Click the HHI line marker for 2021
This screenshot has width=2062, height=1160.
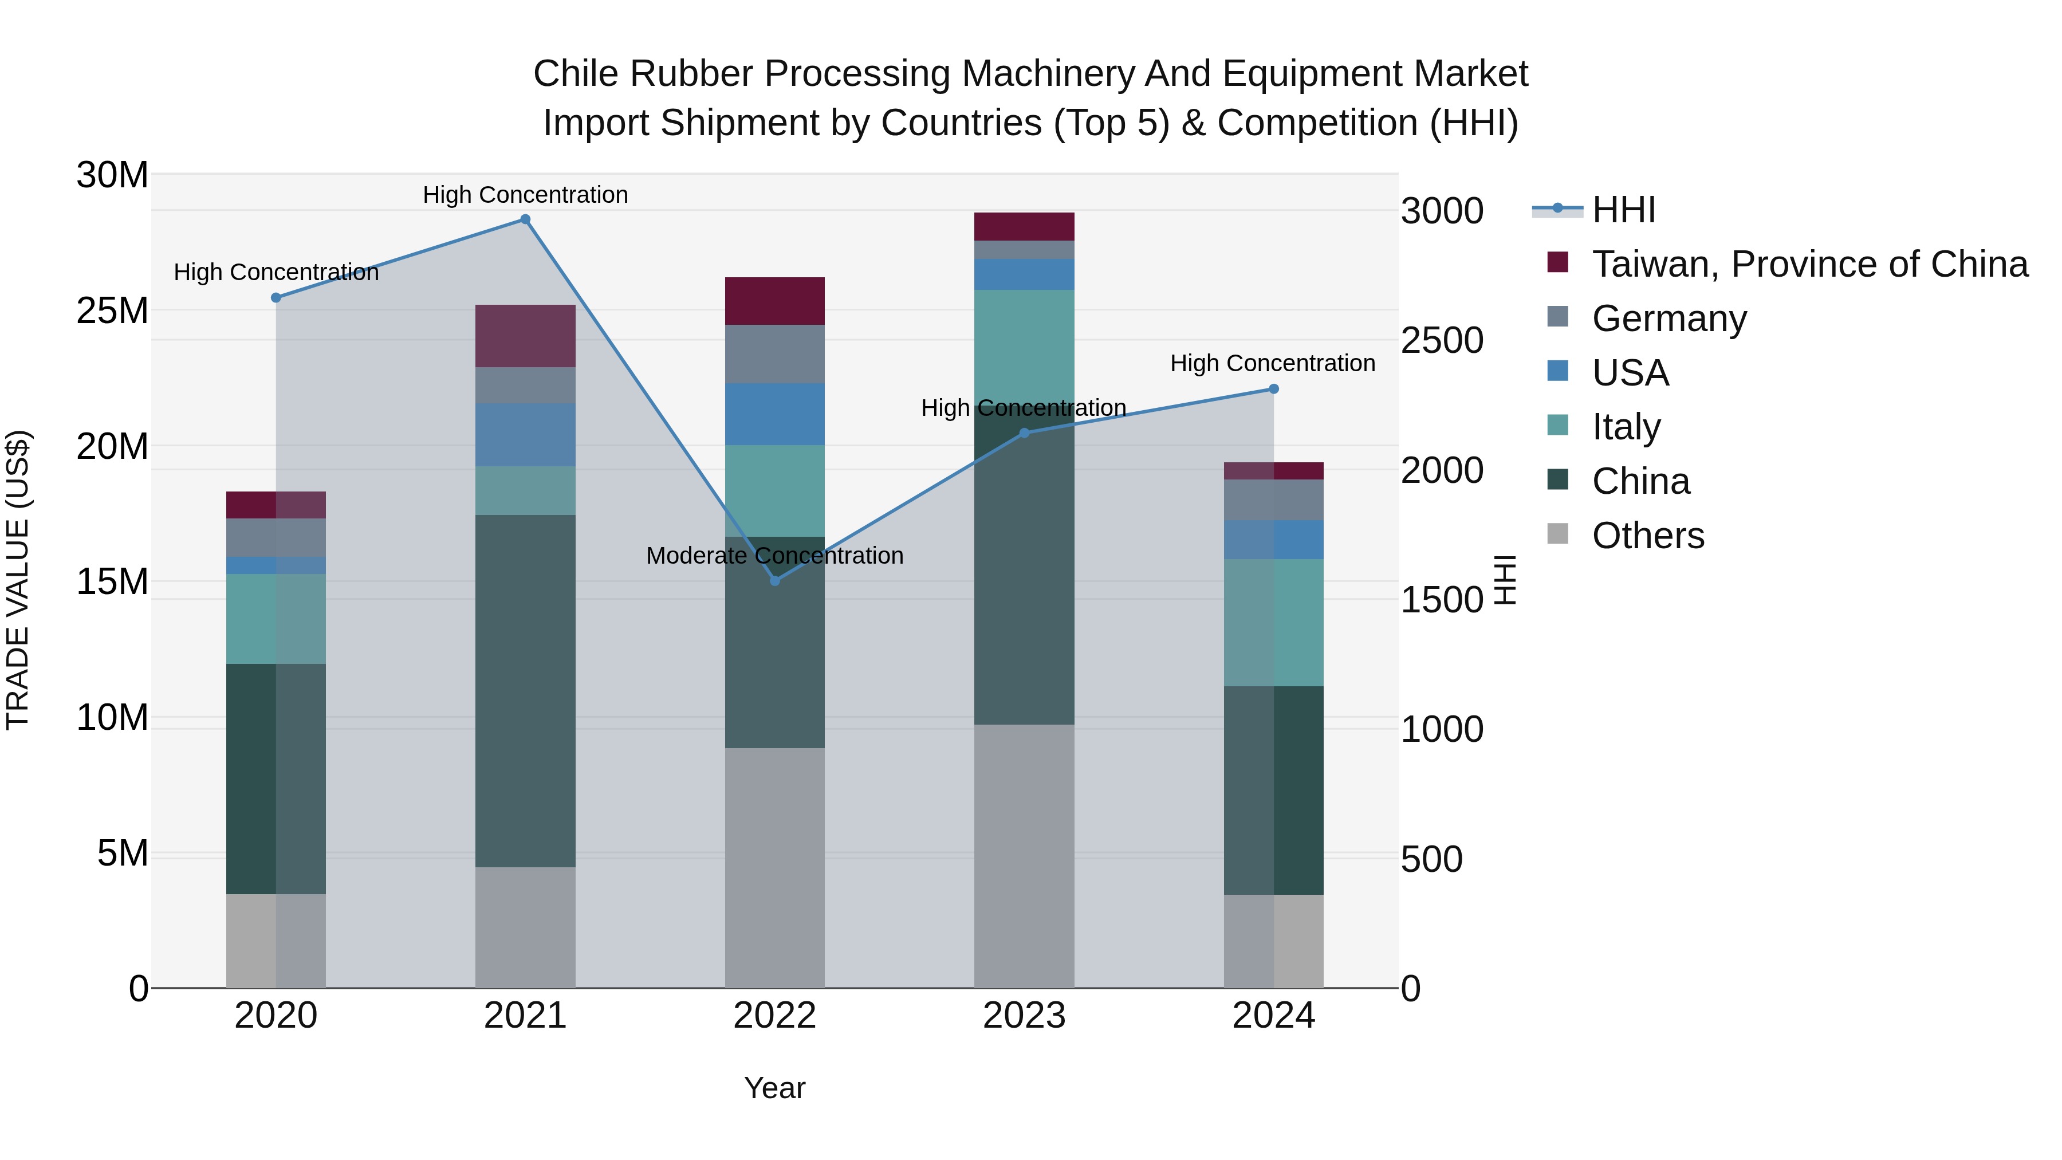525,219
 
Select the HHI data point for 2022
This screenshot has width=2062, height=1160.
775,580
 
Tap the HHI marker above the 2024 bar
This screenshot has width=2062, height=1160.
1273,389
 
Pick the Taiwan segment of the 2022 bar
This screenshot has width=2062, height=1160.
775,301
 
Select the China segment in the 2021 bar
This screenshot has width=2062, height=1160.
525,690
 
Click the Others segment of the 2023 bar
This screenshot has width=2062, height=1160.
1024,856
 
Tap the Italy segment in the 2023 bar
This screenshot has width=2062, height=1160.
1024,344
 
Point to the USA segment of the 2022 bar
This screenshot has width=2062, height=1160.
775,414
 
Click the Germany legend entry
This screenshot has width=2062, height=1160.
1669,318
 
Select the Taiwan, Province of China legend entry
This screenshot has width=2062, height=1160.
1809,264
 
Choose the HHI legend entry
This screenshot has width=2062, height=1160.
1623,210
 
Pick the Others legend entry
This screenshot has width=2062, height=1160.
1647,536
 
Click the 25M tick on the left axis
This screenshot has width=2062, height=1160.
112,310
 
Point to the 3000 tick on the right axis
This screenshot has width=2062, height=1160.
1442,211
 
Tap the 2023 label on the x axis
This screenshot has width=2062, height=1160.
1024,1016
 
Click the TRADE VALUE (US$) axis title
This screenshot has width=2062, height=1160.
18,580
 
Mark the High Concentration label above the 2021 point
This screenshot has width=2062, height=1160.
525,195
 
